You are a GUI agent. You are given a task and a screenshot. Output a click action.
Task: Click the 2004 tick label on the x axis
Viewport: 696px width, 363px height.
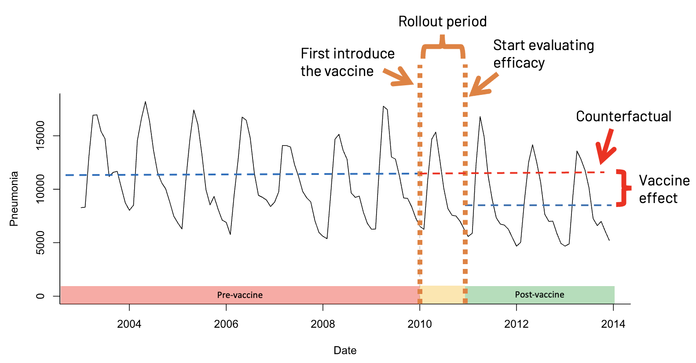pos(129,324)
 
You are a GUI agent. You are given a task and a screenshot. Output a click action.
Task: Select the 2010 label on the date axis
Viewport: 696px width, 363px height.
pos(419,324)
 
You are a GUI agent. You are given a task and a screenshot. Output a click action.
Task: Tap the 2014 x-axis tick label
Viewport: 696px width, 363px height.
pos(613,324)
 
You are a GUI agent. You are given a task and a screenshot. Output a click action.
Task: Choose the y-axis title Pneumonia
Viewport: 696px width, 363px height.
pos(14,199)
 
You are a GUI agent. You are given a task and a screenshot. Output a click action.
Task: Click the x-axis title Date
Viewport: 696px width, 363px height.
pos(345,350)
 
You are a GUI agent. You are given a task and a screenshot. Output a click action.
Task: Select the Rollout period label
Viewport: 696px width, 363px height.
pos(443,22)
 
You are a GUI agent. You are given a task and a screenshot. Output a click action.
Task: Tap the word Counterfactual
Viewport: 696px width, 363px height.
pos(623,116)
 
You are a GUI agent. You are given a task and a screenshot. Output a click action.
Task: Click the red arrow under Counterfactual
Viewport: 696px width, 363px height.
pos(606,146)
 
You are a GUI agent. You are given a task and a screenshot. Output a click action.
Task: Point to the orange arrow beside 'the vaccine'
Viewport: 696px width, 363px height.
pos(399,76)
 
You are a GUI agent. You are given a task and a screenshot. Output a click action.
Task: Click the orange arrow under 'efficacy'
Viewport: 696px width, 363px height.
pos(484,84)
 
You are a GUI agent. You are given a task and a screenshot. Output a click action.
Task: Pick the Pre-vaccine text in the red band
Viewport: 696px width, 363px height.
pos(240,295)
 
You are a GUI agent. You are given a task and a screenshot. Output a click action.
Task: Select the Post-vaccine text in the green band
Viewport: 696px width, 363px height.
pos(540,294)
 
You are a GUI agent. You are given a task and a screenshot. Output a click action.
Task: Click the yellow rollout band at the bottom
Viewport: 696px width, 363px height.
pos(443,295)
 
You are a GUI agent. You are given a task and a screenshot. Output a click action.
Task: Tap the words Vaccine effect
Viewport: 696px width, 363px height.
pos(664,189)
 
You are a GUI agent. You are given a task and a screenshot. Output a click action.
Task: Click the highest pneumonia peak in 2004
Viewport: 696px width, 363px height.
pos(145,102)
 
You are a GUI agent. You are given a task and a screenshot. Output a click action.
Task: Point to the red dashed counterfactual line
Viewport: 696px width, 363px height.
pos(513,173)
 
